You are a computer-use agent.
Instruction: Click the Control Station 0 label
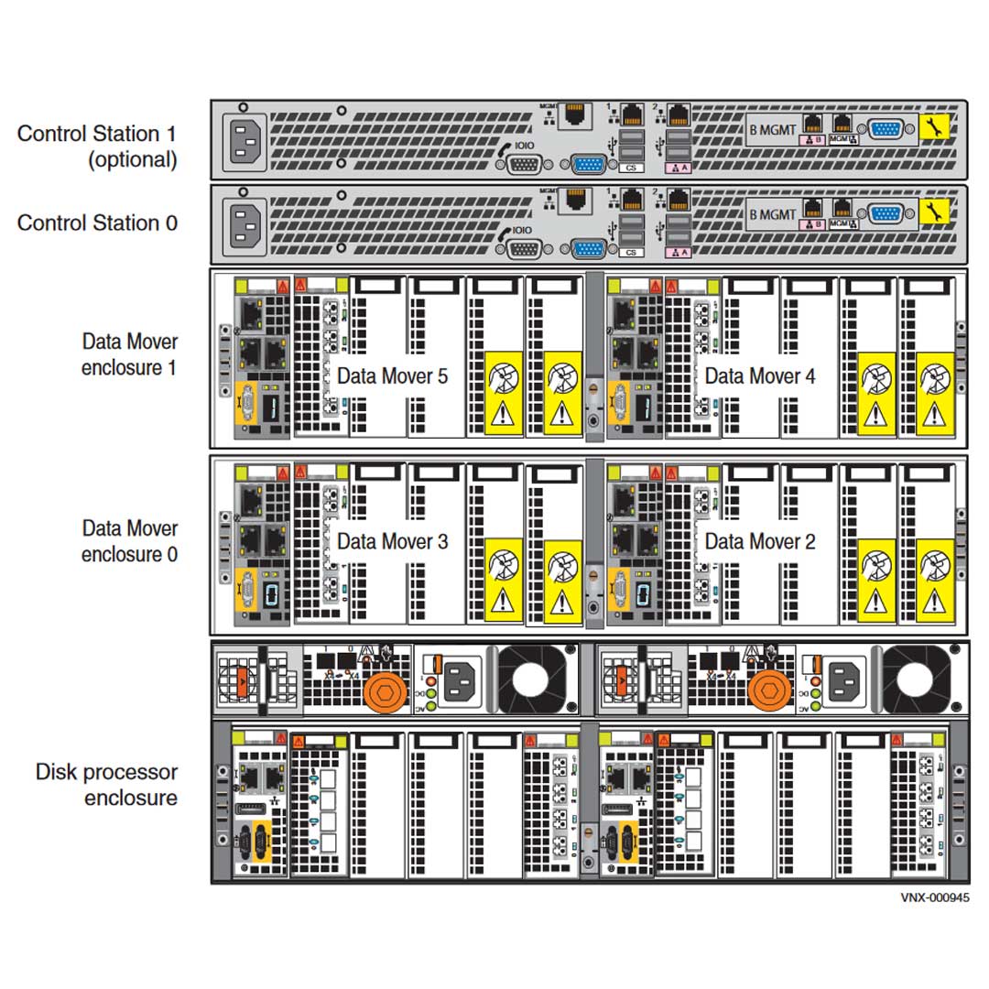[97, 223]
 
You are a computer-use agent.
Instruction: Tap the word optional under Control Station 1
[132, 159]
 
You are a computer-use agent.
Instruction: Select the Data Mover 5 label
[392, 375]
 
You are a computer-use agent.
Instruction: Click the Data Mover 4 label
[760, 375]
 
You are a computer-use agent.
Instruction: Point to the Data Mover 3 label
[392, 541]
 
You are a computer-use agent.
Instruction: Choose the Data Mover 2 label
[760, 541]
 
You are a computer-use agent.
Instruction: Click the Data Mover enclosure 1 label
[129, 354]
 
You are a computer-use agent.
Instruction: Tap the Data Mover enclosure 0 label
[129, 541]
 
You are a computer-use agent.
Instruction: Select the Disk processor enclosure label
[106, 785]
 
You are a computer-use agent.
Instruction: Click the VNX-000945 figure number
[934, 898]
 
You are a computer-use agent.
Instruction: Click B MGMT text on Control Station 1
[773, 129]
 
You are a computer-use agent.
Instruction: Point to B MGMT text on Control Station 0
[773, 214]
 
